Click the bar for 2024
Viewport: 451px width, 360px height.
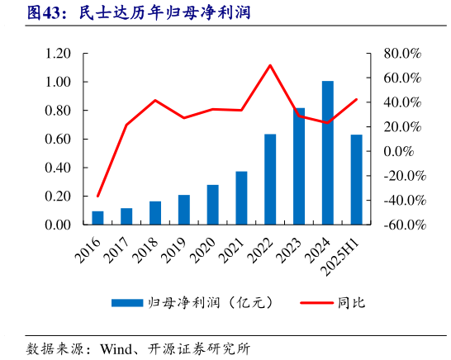[x=328, y=153]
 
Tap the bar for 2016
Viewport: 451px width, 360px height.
[x=97, y=218]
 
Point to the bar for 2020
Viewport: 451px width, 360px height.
[x=213, y=205]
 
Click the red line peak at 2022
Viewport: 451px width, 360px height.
[x=270, y=65]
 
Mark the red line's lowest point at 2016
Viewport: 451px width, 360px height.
[x=97, y=197]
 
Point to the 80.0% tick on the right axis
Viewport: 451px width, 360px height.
[x=402, y=54]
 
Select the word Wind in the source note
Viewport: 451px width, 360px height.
[x=118, y=348]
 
